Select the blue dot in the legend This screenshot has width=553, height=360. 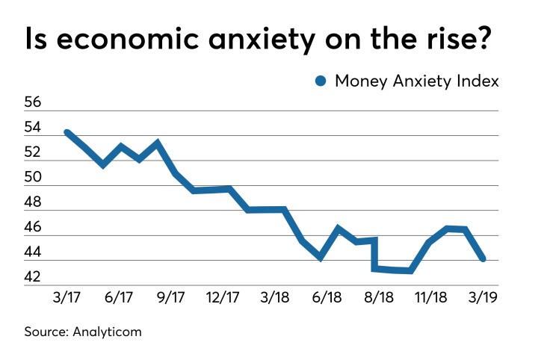321,81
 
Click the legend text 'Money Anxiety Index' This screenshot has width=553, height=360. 416,81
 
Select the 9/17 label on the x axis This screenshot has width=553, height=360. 170,297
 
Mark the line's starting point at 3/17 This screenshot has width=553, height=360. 67,133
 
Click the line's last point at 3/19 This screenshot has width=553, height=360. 483,258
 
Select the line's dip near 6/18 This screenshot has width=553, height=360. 321,257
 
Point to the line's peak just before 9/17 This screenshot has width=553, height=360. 157,142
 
